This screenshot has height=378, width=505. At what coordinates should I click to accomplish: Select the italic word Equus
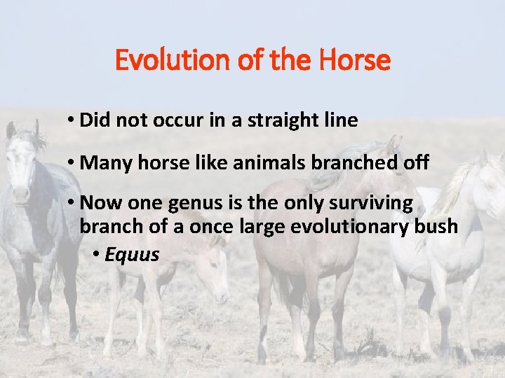tap(132, 255)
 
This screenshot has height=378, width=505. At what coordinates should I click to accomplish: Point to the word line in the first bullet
tap(342, 120)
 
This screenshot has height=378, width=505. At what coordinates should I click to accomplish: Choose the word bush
tap(440, 227)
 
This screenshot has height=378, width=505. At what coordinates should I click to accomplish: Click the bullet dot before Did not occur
tap(72, 121)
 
